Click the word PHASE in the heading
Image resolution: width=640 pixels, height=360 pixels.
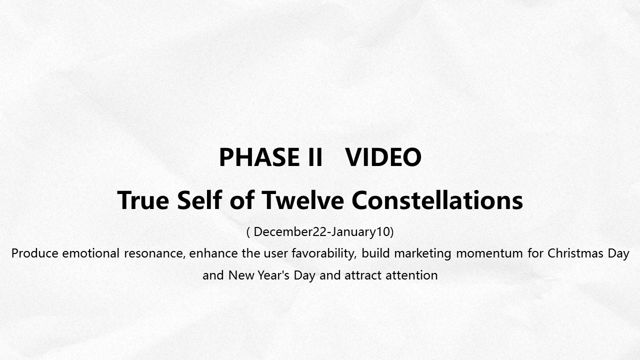259,157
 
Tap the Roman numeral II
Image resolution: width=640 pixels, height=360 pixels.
315,157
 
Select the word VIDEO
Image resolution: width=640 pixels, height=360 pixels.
383,157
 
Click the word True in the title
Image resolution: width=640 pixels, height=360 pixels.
143,200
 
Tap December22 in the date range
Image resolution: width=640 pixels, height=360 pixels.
290,231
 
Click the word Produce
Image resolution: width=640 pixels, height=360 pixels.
35,253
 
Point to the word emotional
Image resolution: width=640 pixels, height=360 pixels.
91,253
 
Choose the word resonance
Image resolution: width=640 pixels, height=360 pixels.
154,253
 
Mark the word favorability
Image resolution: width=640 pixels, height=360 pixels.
324,254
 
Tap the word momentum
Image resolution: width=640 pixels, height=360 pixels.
489,253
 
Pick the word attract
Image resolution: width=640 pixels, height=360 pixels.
363,275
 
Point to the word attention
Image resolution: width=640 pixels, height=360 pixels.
411,275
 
